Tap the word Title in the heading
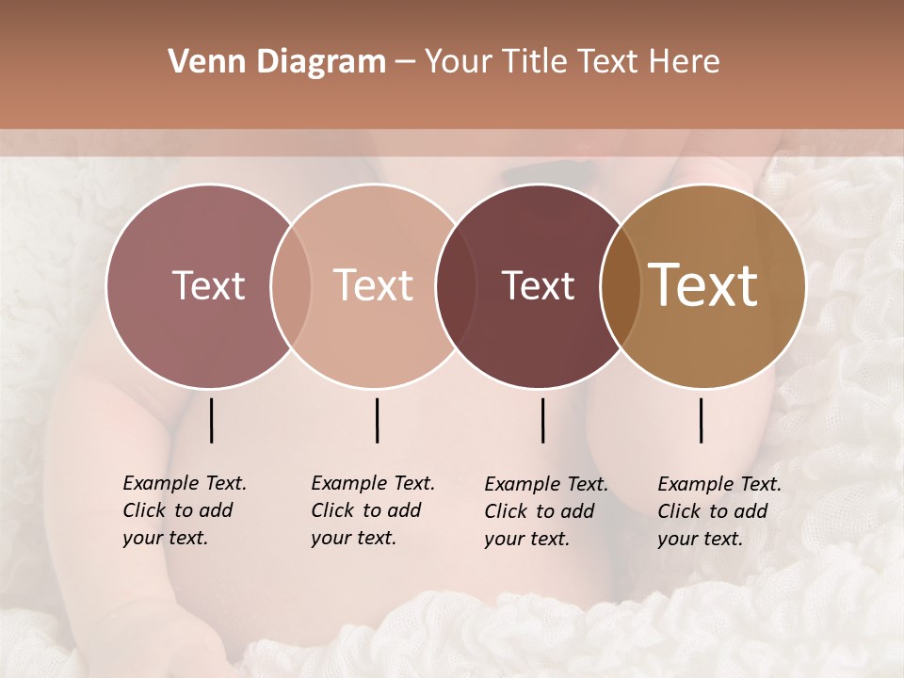click(x=534, y=62)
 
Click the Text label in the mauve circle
click(x=208, y=285)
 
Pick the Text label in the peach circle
click(x=373, y=285)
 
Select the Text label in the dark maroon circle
click(x=538, y=285)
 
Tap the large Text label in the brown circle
click(x=703, y=285)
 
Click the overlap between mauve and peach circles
click(x=291, y=286)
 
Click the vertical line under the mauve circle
click(x=212, y=420)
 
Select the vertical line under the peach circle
click(x=378, y=420)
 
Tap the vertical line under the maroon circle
click(x=543, y=420)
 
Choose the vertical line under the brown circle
click(x=702, y=420)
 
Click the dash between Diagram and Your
click(x=405, y=62)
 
